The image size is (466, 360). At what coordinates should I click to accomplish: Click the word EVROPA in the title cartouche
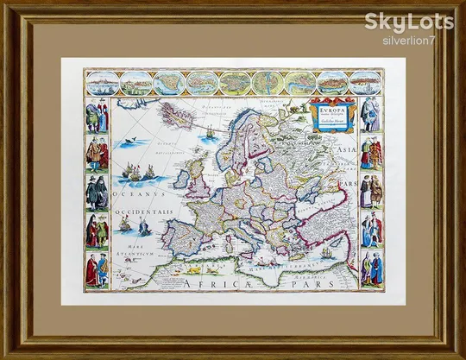[326, 111]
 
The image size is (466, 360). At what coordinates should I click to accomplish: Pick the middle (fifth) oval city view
[234, 83]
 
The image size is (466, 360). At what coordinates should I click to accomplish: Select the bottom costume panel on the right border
[371, 268]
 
